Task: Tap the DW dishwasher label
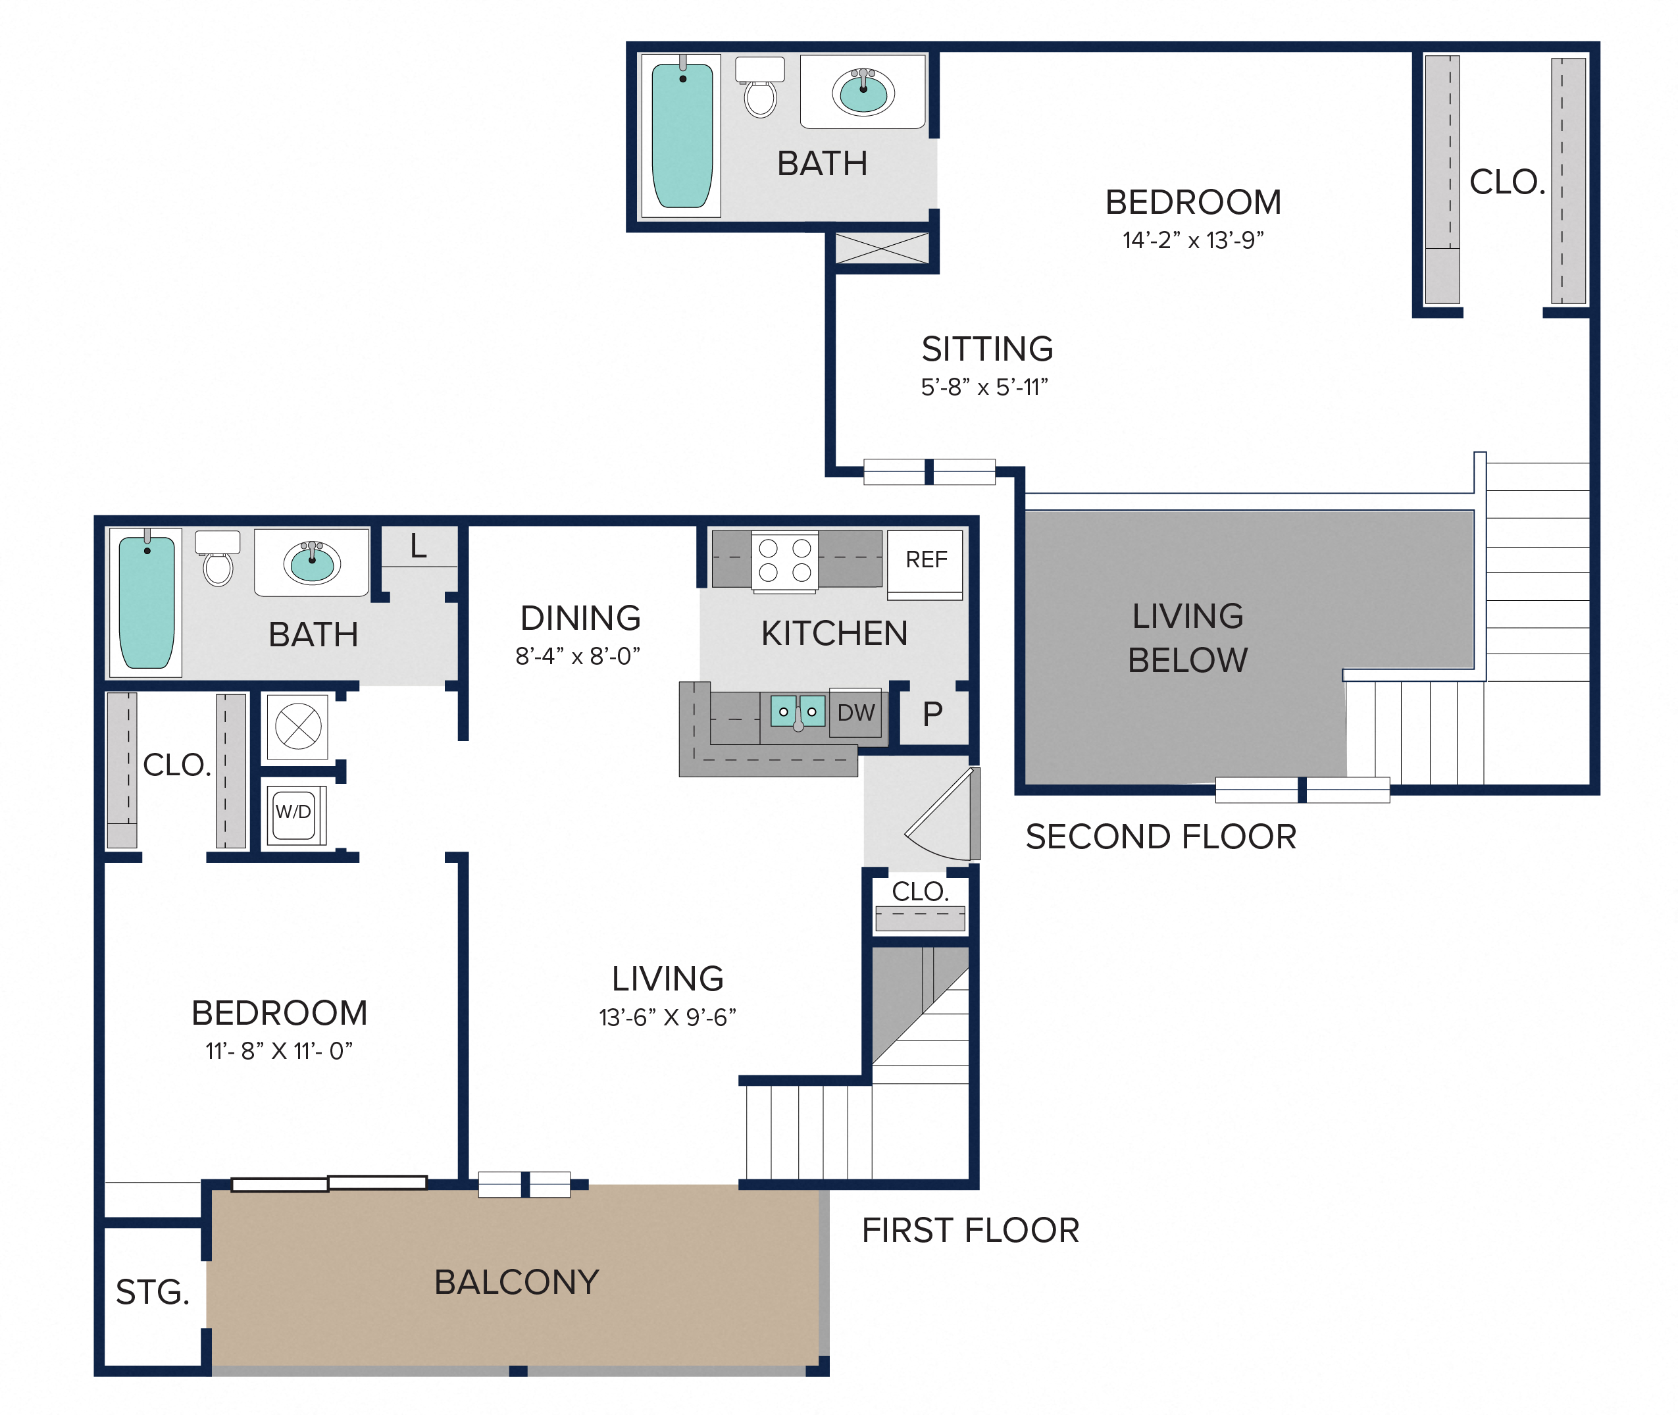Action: [x=856, y=712]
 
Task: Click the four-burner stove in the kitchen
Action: [x=784, y=561]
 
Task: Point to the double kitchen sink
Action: [x=798, y=711]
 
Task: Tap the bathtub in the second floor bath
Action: [x=682, y=135]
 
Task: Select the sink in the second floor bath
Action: [x=863, y=92]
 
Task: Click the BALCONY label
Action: [x=517, y=1282]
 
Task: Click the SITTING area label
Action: [x=988, y=349]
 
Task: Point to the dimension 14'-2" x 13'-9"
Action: [x=1193, y=240]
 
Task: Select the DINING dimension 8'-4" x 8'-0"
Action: [x=578, y=656]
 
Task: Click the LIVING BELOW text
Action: [x=1188, y=638]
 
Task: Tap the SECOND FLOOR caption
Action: [x=1161, y=836]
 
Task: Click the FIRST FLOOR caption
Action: [x=971, y=1229]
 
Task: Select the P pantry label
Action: [x=932, y=713]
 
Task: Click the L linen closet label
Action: [x=418, y=546]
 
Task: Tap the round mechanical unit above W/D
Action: [x=298, y=727]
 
